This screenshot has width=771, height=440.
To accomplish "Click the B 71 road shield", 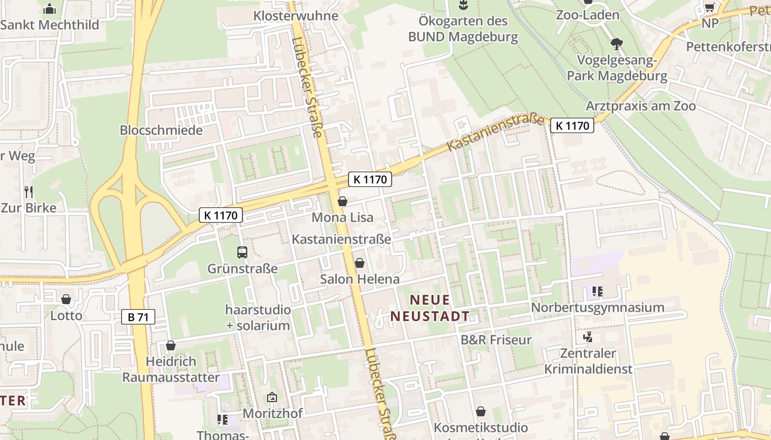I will [138, 317].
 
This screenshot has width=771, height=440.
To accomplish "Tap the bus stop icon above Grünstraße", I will [242, 252].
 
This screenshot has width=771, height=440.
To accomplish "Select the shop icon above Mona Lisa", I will [343, 202].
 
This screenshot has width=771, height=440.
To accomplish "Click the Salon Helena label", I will [360, 279].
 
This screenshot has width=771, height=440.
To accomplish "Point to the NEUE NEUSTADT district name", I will [430, 308].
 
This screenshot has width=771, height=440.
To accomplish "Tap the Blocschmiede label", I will [161, 130].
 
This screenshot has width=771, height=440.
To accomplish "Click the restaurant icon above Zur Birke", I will [29, 192].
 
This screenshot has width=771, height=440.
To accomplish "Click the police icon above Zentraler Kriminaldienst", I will [588, 336].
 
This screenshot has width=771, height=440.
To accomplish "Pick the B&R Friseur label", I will [496, 340].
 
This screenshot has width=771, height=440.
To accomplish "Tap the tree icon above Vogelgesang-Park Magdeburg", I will [617, 43].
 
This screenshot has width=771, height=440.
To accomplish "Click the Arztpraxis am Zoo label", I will [641, 106].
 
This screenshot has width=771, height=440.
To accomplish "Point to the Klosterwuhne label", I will [296, 15].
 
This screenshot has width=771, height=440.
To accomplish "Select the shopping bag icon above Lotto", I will [66, 300].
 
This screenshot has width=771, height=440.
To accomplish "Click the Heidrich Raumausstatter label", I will [171, 370].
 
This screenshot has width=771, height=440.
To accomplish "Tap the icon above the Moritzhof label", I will [272, 397].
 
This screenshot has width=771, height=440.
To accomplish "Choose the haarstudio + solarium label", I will [258, 317].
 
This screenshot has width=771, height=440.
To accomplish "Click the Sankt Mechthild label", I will [50, 25].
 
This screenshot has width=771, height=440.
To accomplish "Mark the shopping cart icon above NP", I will [710, 7].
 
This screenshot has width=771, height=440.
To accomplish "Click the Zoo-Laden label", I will [588, 15].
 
